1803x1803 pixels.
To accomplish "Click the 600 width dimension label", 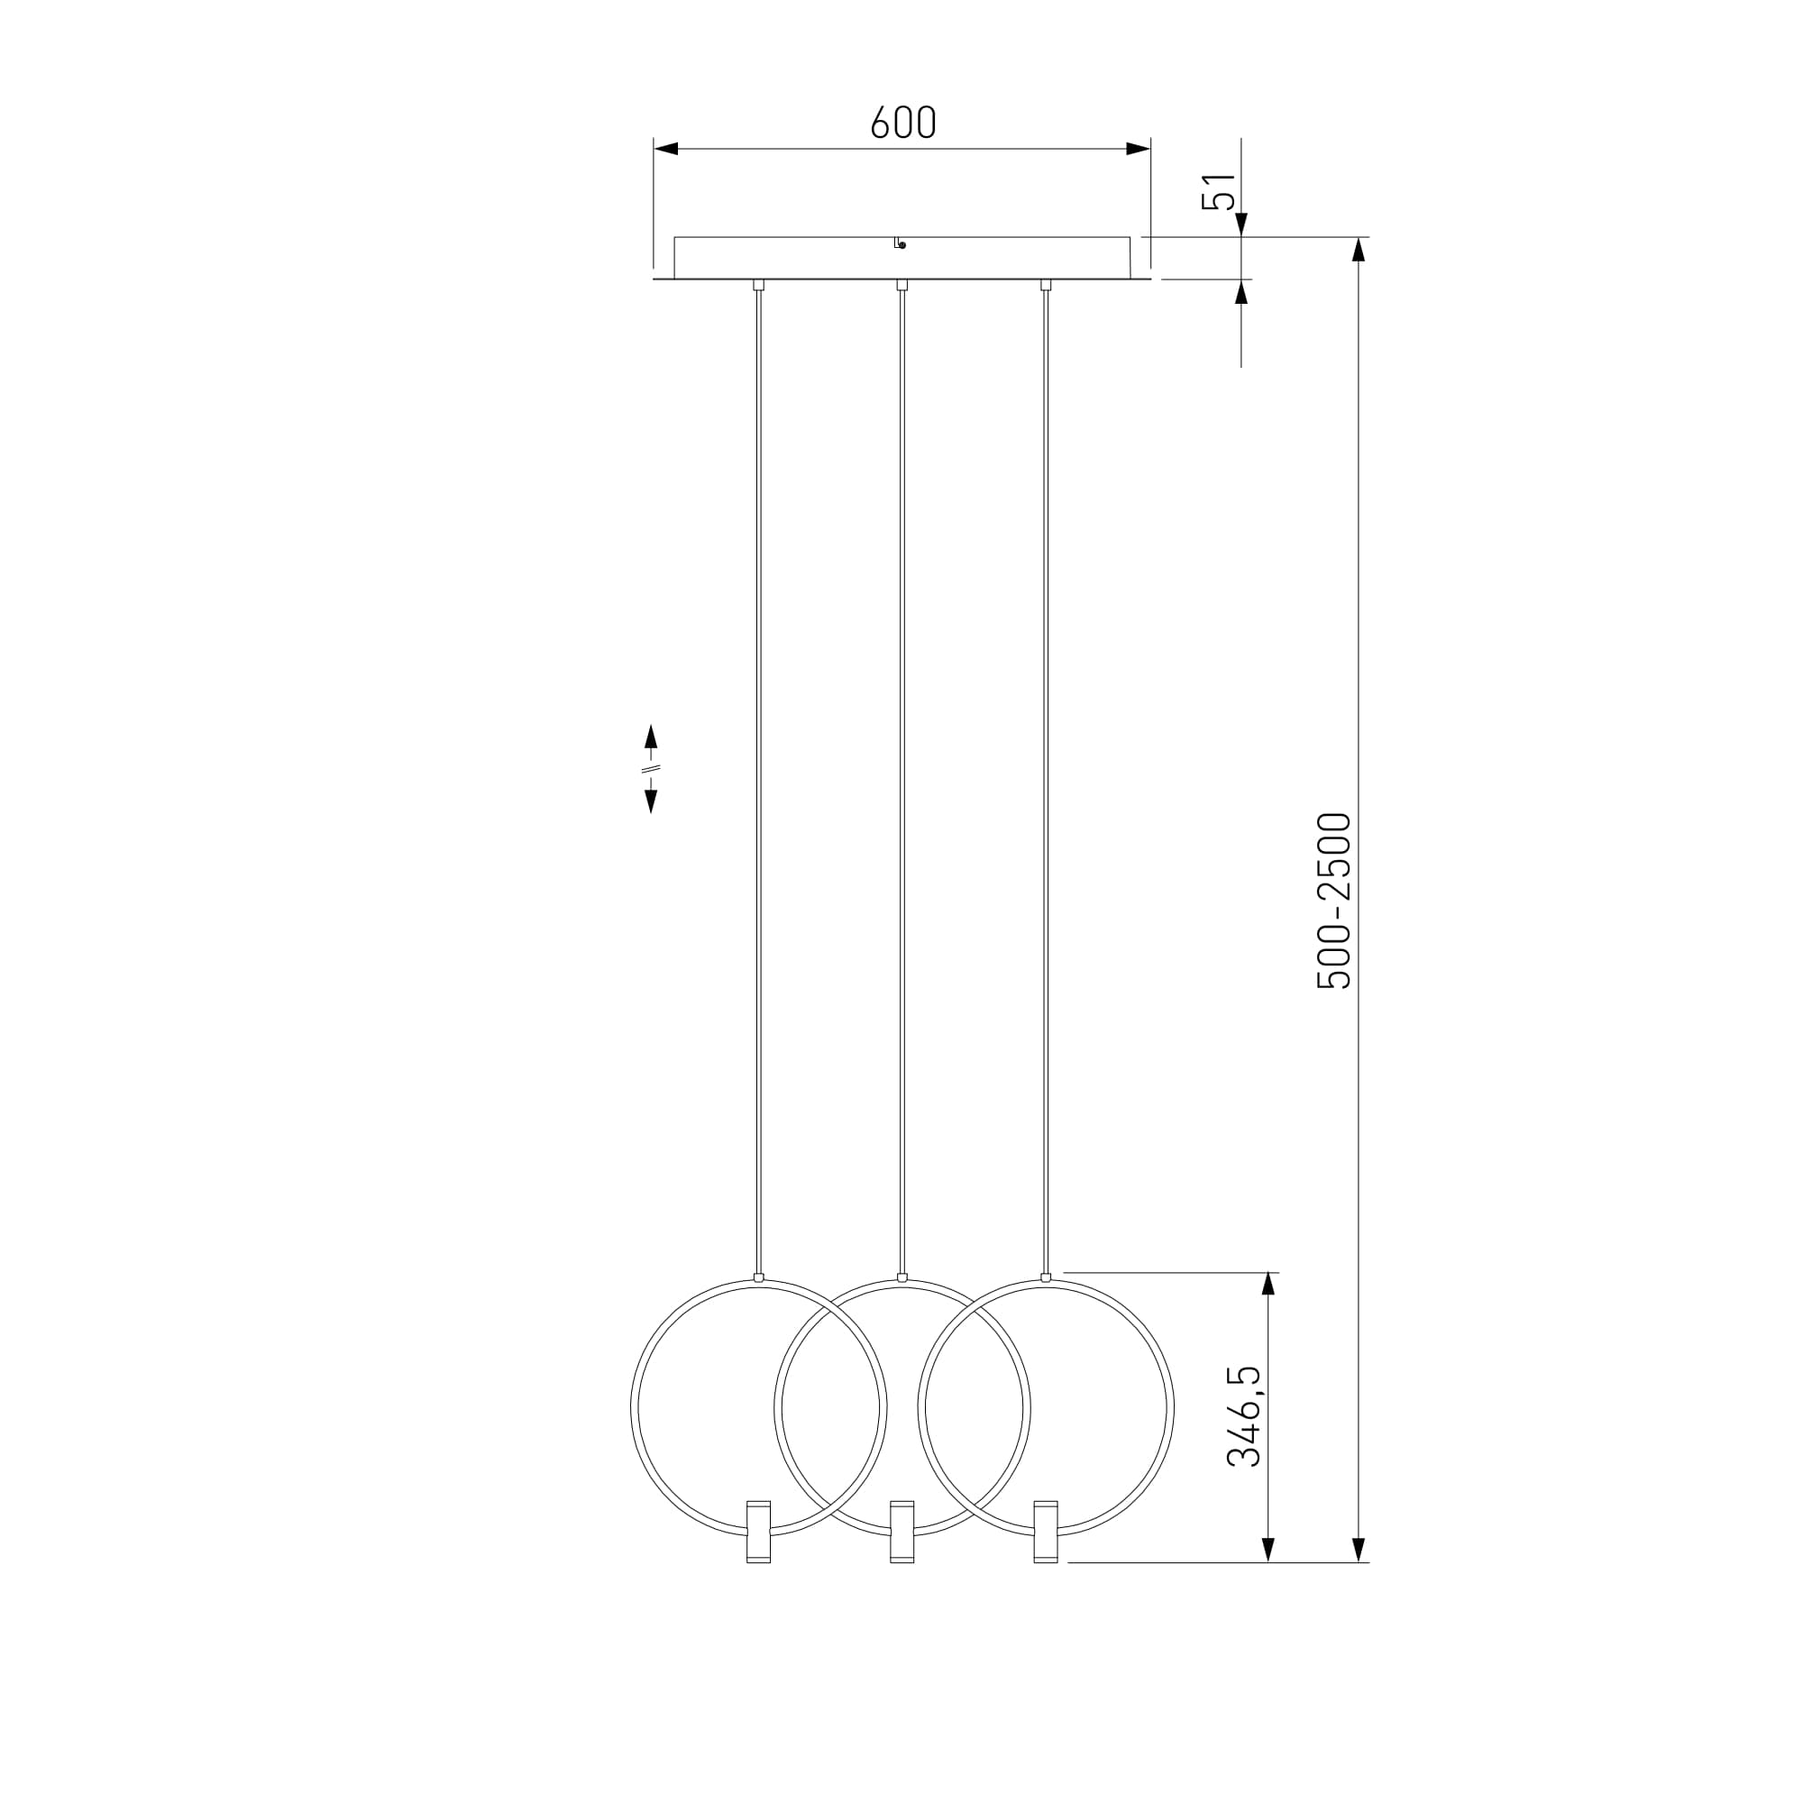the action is [x=902, y=124].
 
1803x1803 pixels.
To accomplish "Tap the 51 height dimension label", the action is [x=1220, y=192].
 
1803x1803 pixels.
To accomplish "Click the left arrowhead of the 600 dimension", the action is [x=665, y=149].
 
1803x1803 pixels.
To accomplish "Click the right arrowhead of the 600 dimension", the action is [x=1139, y=149].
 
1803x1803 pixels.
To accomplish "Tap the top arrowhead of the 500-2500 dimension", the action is [x=1359, y=250].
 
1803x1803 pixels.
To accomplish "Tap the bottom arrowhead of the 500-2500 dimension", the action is [x=1359, y=1549].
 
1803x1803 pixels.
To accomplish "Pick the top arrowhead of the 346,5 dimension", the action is [x=1268, y=1285].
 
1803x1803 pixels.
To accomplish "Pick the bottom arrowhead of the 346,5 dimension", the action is [x=1268, y=1549].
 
